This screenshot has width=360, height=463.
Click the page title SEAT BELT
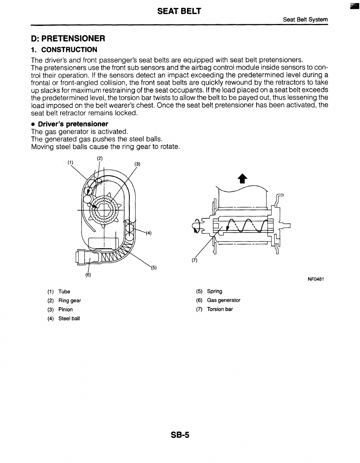click(179, 11)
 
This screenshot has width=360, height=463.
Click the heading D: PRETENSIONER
click(68, 38)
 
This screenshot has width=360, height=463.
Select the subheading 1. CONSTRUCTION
click(64, 49)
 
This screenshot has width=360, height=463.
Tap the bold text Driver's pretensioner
click(73, 124)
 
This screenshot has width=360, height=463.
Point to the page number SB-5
click(180, 435)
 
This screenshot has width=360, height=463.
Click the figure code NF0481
click(315, 279)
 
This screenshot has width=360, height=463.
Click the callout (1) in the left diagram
click(70, 163)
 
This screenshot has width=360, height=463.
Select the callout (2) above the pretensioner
click(99, 158)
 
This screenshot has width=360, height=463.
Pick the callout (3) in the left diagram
click(137, 163)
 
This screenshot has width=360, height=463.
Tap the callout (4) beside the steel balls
click(148, 233)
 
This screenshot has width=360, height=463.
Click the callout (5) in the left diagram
click(153, 267)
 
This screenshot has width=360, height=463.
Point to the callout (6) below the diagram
click(88, 275)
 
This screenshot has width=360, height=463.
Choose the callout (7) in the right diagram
click(194, 260)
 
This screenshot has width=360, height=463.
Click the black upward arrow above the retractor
click(242, 178)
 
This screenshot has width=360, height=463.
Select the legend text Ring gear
click(70, 300)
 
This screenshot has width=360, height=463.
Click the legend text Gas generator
click(223, 300)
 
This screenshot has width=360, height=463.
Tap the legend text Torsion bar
click(220, 309)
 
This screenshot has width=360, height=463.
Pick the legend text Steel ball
click(69, 318)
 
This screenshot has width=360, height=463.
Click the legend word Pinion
click(65, 309)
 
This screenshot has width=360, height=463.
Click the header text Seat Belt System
click(305, 19)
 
